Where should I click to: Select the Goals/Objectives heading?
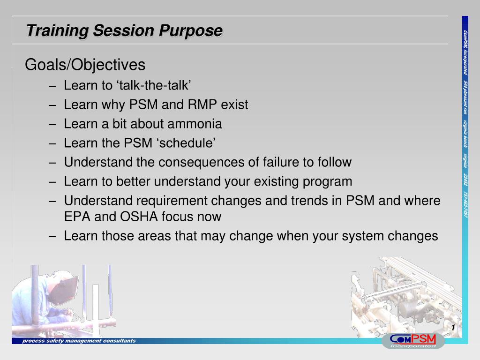(x=85, y=65)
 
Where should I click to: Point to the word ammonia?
(x=195, y=124)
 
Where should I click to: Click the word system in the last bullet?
(x=363, y=236)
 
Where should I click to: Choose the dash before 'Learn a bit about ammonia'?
(x=52, y=125)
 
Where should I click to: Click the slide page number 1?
(x=453, y=327)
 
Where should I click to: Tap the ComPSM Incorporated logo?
(x=413, y=341)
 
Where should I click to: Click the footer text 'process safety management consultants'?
(x=79, y=341)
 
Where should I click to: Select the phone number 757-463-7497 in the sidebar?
(x=465, y=205)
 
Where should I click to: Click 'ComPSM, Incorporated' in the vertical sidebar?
(x=465, y=52)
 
